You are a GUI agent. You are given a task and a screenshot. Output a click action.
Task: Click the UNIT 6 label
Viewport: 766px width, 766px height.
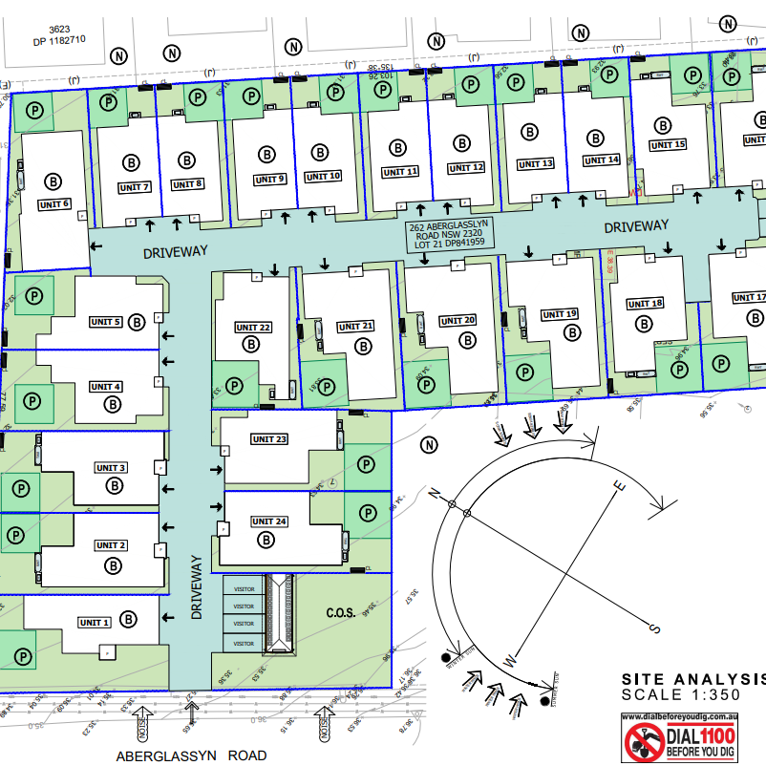[x=54, y=204]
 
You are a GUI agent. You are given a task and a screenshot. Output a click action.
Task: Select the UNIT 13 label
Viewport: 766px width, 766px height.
[x=535, y=164]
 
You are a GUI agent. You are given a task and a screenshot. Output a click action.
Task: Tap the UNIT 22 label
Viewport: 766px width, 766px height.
[x=253, y=328]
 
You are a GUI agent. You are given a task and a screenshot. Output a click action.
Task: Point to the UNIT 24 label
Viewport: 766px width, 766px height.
[x=268, y=521]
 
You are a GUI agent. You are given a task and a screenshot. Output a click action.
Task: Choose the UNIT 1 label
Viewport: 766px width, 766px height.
[x=95, y=623]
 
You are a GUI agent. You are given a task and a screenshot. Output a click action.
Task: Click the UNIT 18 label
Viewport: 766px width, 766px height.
[x=645, y=304]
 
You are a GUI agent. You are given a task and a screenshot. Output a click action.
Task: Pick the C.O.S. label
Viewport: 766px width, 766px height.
[x=341, y=614]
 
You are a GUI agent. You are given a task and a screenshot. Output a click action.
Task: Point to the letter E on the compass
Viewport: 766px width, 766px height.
[x=618, y=487]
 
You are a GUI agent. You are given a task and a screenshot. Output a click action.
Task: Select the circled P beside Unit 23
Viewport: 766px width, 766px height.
[x=365, y=464]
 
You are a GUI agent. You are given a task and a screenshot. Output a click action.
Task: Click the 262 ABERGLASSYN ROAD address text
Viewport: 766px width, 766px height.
[x=447, y=234]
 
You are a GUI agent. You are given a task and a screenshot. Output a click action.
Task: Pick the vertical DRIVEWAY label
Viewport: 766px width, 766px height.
[x=198, y=587]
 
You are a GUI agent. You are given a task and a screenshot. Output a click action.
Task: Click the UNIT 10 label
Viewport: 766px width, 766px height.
[x=323, y=177]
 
